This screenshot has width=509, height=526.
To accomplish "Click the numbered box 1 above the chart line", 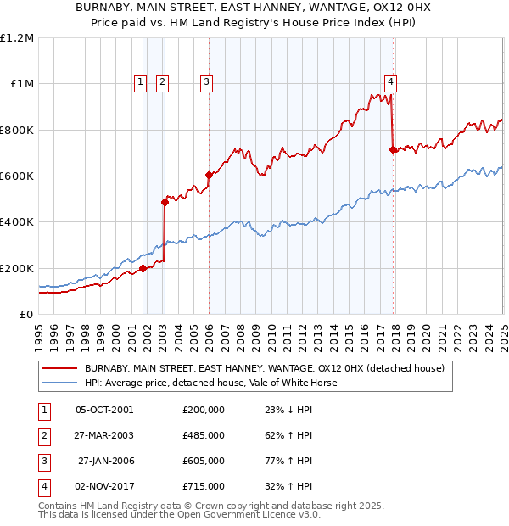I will click(x=139, y=82).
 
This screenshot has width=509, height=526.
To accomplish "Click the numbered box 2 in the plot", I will click(x=162, y=82).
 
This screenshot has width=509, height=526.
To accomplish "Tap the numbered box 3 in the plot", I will click(x=206, y=82).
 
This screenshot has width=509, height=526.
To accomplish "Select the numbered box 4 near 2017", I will click(x=390, y=82).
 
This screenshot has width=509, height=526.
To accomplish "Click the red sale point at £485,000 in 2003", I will click(x=165, y=202).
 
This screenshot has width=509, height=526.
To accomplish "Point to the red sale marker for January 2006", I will click(x=209, y=175).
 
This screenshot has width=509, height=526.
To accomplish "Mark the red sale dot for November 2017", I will click(x=392, y=149).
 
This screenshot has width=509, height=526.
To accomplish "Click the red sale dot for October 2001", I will click(x=143, y=268).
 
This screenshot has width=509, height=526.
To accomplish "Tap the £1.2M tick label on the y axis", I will click(x=17, y=38).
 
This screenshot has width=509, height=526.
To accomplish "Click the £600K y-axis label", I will click(x=17, y=176).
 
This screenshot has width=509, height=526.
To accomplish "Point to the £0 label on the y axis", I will click(x=25, y=314).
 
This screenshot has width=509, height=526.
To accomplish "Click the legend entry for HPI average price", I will click(x=210, y=383).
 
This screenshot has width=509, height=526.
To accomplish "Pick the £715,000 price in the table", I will click(x=204, y=487).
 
